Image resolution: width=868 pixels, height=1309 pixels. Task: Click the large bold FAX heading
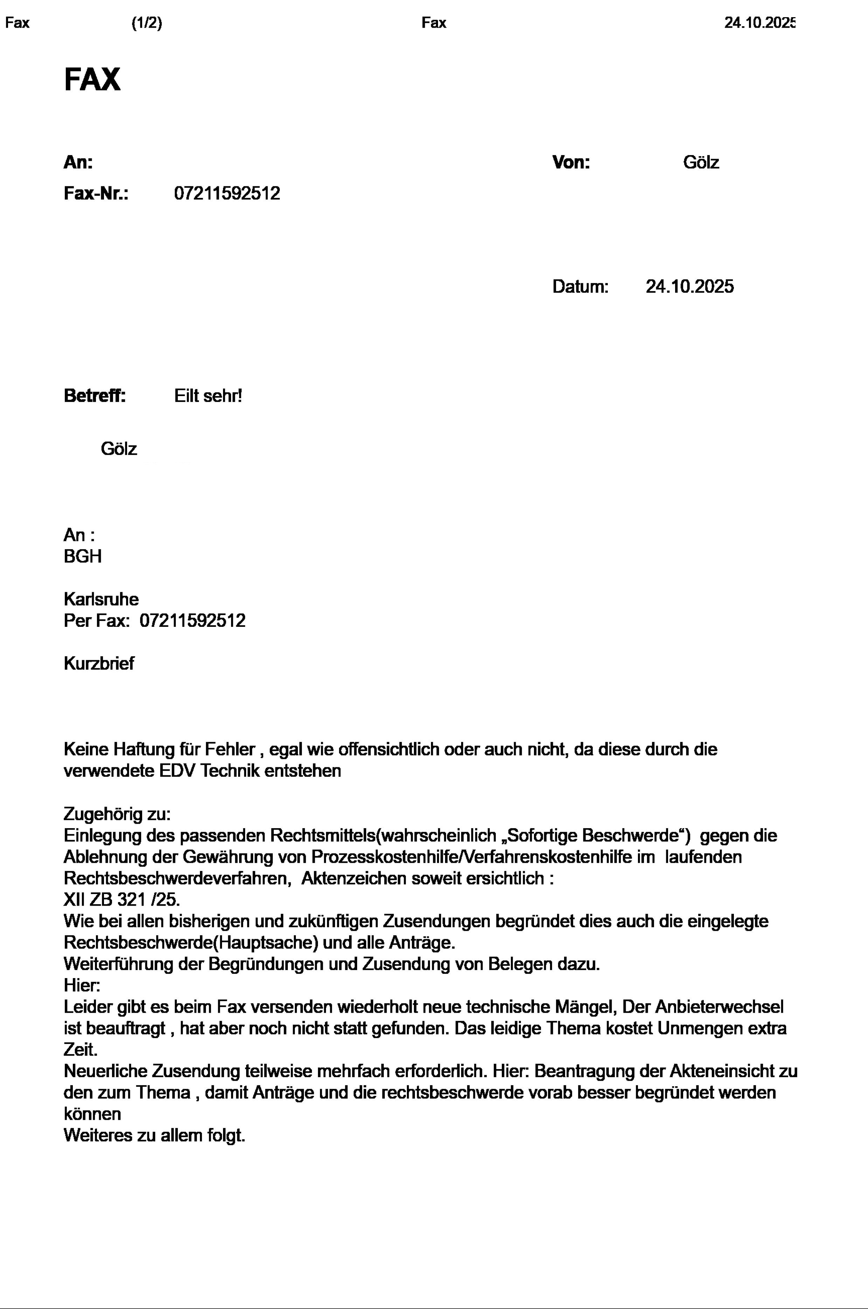[x=92, y=79]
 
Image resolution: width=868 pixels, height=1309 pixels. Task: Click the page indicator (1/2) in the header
[x=147, y=23]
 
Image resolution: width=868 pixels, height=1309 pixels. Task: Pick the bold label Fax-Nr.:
[x=96, y=193]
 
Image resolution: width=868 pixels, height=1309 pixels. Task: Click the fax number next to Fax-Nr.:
[x=227, y=193]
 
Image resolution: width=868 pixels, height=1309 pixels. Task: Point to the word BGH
[x=83, y=556]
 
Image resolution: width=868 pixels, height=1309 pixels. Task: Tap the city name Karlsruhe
[x=101, y=599]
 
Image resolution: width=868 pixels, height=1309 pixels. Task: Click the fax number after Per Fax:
[x=192, y=621]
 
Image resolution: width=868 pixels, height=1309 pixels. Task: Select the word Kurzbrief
[x=98, y=663]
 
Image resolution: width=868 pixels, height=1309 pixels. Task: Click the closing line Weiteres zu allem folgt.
[x=154, y=1135]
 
